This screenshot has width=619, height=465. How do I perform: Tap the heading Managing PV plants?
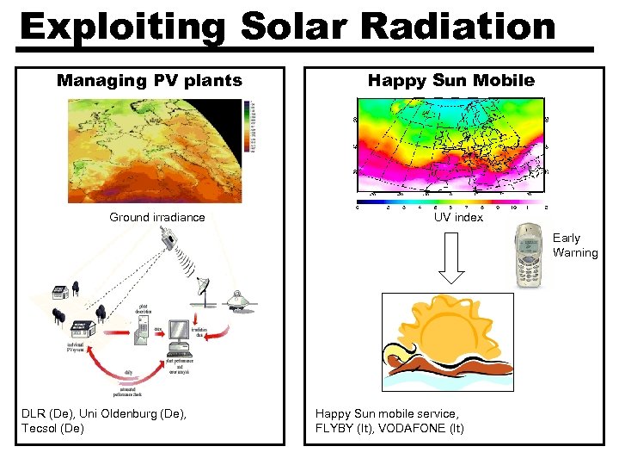tap(150, 81)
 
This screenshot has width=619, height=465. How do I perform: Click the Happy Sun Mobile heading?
tap(450, 81)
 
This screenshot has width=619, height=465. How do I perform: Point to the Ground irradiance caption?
tap(157, 217)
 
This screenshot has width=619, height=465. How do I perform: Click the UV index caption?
tap(458, 217)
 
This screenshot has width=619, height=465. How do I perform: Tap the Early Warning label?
tap(574, 245)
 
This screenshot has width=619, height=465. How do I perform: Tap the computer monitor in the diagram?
tap(179, 332)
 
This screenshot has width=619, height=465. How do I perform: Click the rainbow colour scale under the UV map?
tap(451, 199)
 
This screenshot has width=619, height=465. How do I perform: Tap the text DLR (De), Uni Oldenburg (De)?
tap(103, 414)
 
